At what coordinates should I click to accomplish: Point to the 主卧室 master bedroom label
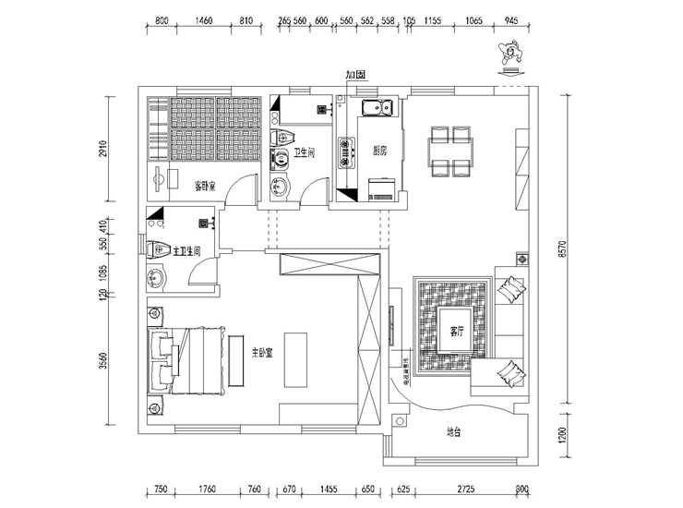tap(256, 355)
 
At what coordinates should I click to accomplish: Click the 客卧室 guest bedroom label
tap(205, 185)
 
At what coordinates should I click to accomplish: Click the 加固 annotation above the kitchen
tap(356, 74)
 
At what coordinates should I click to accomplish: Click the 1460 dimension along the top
tap(204, 19)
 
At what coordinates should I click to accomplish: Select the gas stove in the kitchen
tap(348, 152)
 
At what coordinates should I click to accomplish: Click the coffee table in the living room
tap(451, 330)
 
